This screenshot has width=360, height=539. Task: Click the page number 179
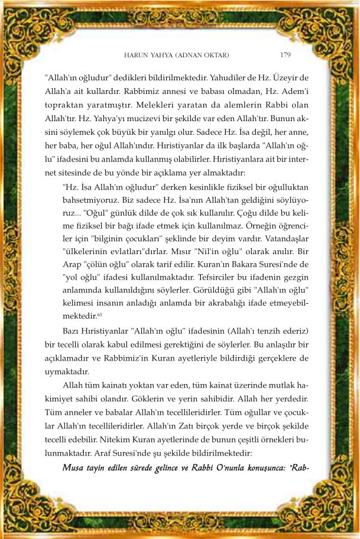(x=284, y=55)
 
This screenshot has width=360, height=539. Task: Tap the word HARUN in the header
(x=135, y=56)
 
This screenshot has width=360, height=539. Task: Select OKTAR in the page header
(x=217, y=56)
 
